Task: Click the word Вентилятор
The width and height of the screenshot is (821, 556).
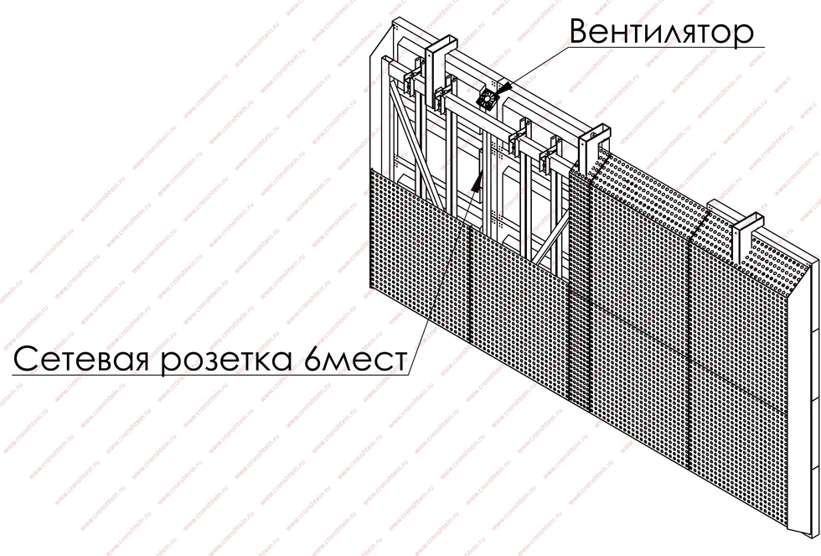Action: (x=661, y=33)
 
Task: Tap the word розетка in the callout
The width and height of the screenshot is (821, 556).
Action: (x=226, y=361)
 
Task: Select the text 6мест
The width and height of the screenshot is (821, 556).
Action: (x=354, y=359)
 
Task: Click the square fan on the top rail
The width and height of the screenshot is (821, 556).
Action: (x=487, y=98)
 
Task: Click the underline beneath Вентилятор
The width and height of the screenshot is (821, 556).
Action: (x=665, y=48)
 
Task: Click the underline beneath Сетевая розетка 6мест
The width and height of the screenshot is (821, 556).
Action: (x=209, y=374)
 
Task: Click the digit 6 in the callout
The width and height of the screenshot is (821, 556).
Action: (x=312, y=359)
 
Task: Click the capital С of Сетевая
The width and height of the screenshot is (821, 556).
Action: (x=24, y=360)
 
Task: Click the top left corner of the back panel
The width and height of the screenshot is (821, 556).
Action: (x=394, y=20)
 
